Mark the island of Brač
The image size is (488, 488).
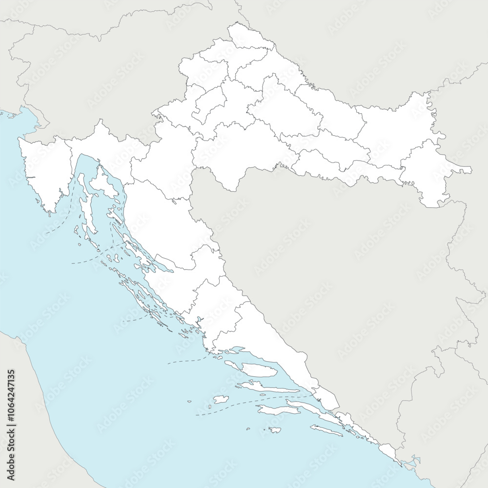[x=259, y=369]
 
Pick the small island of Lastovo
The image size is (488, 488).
[x=275, y=430]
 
